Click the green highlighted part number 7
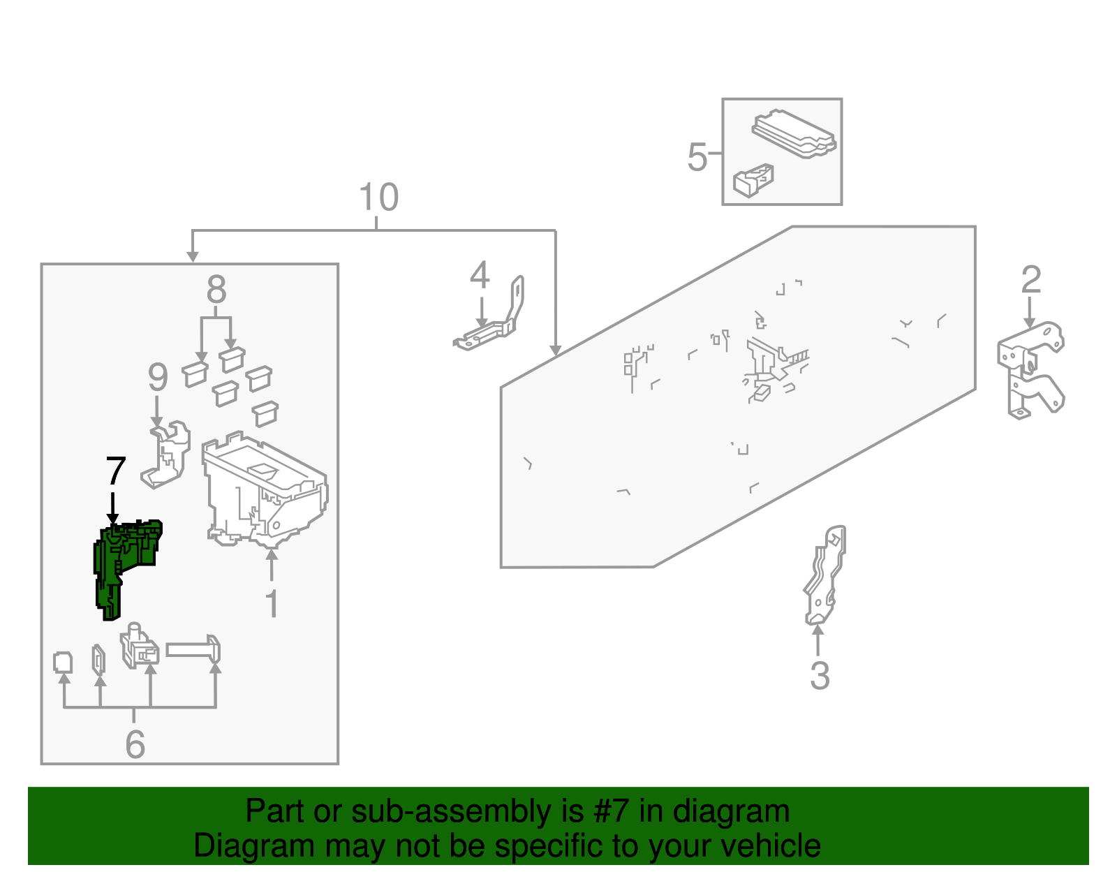pyautogui.click(x=126, y=563)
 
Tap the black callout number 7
pyautogui.click(x=115, y=472)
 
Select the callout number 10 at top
pyautogui.click(x=378, y=198)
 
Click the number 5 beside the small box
pyautogui.click(x=697, y=157)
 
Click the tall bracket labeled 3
pyautogui.click(x=824, y=576)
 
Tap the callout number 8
pyautogui.click(x=216, y=289)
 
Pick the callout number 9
pyautogui.click(x=158, y=378)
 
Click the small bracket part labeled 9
pyautogui.click(x=168, y=454)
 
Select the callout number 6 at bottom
pyautogui.click(x=135, y=744)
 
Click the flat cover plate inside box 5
pyautogui.click(x=794, y=133)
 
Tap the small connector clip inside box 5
pyautogui.click(x=753, y=181)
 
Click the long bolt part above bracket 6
pyautogui.click(x=194, y=650)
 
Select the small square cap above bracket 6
pyautogui.click(x=63, y=662)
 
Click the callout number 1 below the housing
pyautogui.click(x=272, y=605)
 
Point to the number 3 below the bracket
pyautogui.click(x=820, y=676)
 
